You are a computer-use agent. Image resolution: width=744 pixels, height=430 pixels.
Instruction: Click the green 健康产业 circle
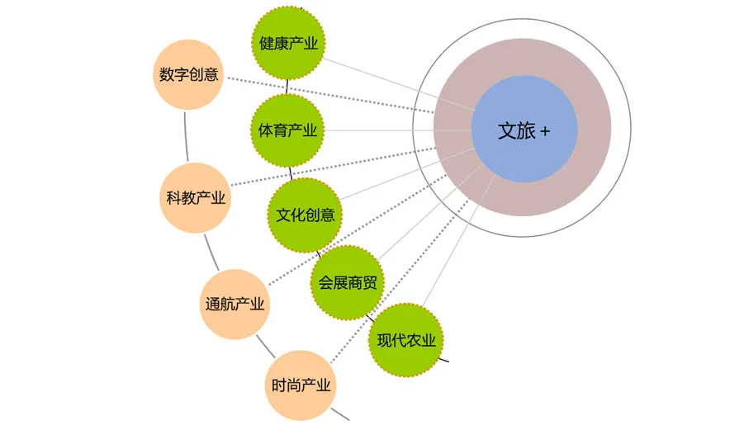point(288,43)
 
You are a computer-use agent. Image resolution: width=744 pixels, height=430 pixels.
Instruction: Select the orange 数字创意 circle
point(188,74)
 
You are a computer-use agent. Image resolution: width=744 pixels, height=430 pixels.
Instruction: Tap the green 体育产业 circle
point(287,130)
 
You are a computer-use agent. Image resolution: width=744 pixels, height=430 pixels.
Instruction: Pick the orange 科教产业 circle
point(195,198)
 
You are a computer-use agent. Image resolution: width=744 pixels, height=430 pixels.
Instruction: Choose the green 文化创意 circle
point(305,215)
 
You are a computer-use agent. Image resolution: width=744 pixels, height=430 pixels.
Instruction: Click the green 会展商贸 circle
point(348,282)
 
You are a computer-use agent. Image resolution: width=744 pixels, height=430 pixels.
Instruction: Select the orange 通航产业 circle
point(235,304)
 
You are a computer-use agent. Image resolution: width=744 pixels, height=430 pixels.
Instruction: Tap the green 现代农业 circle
point(405,340)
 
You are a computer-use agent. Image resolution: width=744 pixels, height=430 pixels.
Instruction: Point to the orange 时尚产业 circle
point(301,385)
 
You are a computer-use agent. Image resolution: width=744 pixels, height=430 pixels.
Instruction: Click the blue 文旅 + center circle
point(524,129)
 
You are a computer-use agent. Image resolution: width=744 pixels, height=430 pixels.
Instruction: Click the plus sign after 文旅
point(545,131)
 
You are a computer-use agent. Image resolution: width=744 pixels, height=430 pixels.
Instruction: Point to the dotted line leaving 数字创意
point(330,95)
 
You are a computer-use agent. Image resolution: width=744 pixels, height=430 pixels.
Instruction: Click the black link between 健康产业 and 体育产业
point(287,87)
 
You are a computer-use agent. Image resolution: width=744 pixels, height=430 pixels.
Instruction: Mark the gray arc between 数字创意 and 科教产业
point(186,136)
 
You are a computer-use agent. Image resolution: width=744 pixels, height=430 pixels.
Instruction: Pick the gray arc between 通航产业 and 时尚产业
point(266,347)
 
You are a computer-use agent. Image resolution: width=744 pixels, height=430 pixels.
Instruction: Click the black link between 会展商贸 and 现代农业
point(370,318)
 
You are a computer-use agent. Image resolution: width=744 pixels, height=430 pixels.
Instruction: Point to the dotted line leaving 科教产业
point(333,167)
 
